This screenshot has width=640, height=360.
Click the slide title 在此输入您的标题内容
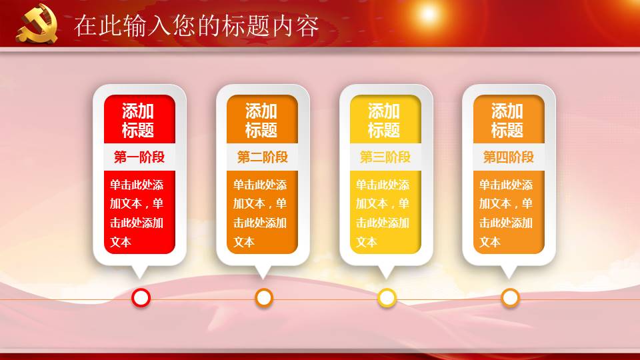tap(196, 26)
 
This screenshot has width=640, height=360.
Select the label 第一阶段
tap(139, 157)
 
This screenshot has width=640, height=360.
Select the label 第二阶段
tap(263, 157)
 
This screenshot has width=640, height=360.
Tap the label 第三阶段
tap(385, 157)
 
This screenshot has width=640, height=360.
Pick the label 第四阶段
tap(509, 157)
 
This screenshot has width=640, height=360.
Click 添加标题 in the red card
tap(139, 121)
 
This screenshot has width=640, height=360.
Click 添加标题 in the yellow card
tap(385, 121)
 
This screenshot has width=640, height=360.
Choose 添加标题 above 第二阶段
tap(262, 121)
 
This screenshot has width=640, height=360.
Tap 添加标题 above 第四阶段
tap(508, 121)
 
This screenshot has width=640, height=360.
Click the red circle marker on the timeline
tap(141, 298)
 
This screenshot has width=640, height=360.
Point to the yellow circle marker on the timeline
tap(387, 298)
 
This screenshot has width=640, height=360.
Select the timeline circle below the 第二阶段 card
tap(265, 298)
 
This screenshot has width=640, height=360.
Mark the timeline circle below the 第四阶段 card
tap(511, 298)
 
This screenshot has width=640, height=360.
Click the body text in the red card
tap(138, 213)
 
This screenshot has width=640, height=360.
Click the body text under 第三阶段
tap(383, 213)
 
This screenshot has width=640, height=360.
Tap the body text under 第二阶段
tap(261, 213)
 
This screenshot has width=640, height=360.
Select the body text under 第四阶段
tap(507, 213)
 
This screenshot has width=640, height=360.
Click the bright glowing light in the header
tap(428, 13)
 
